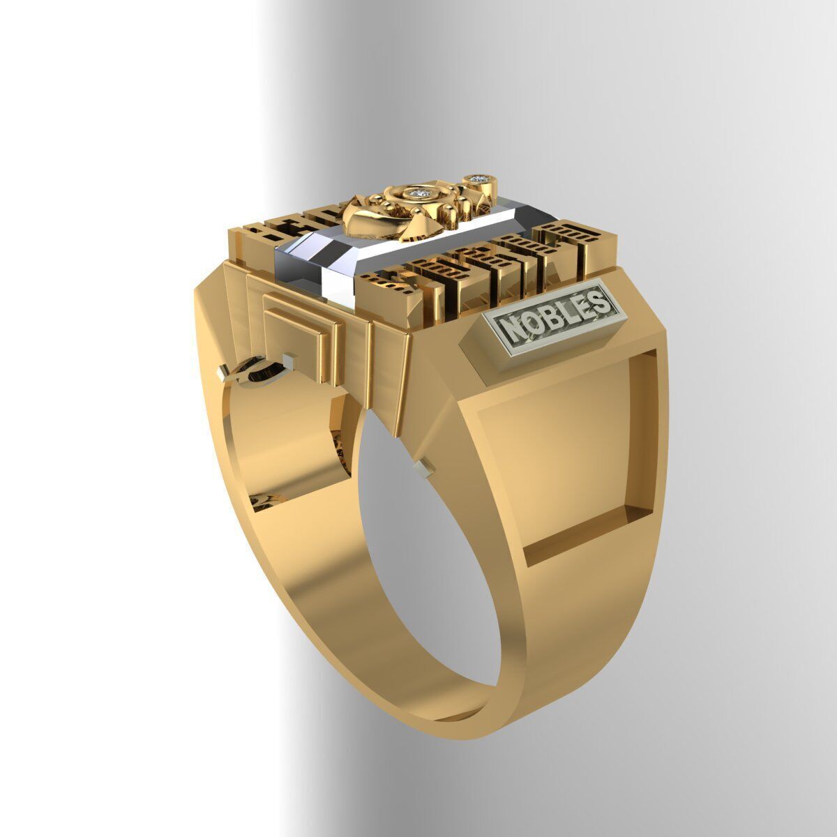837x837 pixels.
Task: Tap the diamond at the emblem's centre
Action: coord(418,193)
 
